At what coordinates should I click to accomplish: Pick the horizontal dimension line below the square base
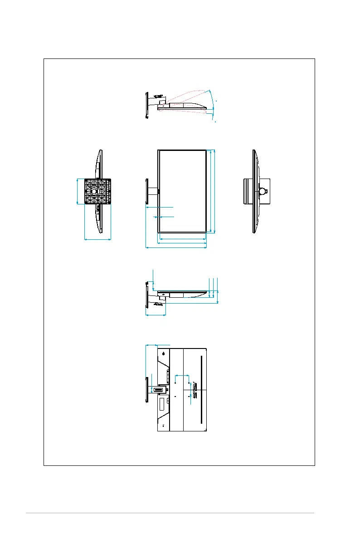[x=98, y=239]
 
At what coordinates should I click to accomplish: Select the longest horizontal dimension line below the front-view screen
[x=176, y=247]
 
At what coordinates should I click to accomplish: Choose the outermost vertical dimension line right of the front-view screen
[x=214, y=192]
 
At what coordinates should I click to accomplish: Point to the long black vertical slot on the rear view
[x=199, y=390]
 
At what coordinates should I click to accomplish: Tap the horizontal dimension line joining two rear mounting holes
[x=182, y=375]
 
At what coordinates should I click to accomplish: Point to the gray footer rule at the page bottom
[x=170, y=513]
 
